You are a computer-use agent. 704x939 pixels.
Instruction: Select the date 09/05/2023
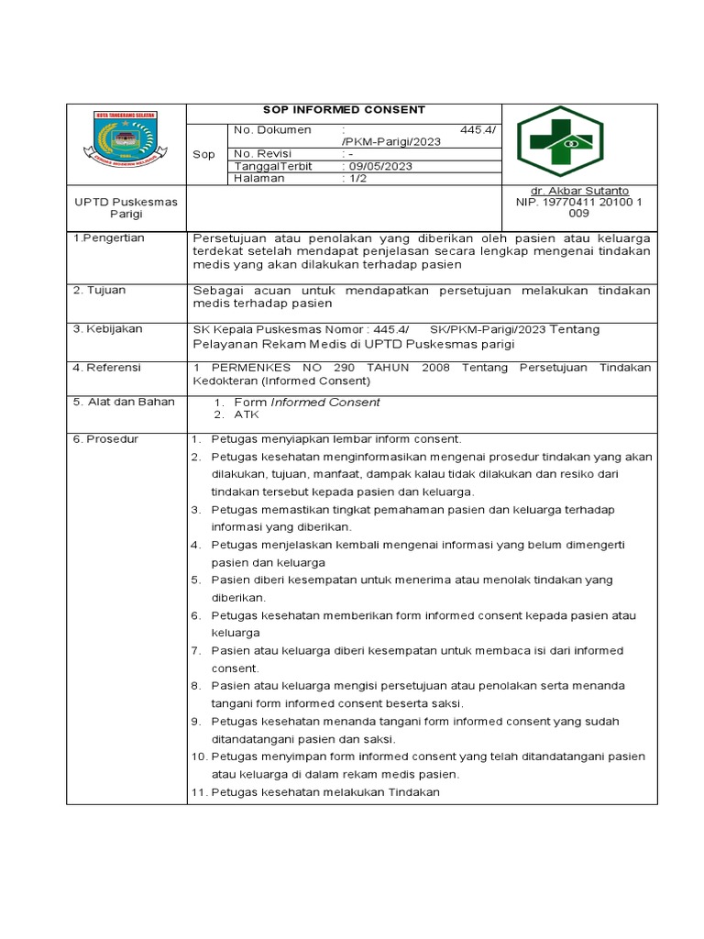coord(378,166)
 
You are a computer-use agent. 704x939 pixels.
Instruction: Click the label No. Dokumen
coord(273,130)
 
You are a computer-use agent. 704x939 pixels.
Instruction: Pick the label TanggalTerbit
coord(274,166)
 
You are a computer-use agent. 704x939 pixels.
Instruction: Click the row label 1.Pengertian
coord(108,238)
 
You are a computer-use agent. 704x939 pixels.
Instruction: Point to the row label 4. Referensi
coord(106,367)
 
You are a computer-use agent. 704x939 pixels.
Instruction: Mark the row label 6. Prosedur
coord(105,439)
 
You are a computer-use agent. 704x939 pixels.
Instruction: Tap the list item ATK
coord(247,414)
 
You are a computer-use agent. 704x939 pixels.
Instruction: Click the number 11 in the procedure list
coord(199,791)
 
